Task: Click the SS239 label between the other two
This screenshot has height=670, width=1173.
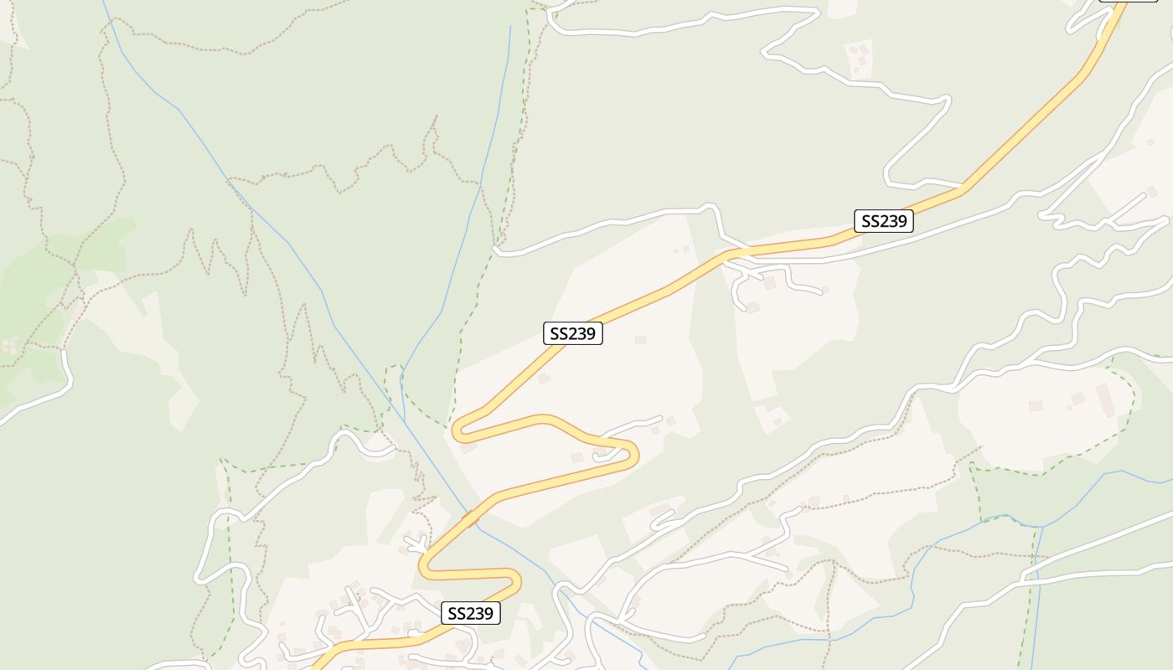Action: click(573, 333)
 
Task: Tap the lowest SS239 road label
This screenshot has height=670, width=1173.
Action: click(471, 613)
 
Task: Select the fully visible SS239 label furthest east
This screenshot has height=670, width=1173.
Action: click(883, 221)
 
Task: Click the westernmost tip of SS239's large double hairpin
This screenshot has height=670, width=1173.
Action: click(456, 431)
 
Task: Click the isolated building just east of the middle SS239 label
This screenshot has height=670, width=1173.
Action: click(641, 339)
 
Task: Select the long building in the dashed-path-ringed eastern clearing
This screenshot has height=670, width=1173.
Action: click(1104, 399)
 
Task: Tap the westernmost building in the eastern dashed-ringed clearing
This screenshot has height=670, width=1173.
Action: click(1036, 405)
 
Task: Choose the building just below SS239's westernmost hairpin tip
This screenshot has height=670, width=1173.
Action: click(468, 448)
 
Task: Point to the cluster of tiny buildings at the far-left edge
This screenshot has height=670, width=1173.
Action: click(10, 345)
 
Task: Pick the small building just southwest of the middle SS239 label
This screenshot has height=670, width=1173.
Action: click(544, 379)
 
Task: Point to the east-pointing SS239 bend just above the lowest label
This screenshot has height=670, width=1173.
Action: click(517, 579)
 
